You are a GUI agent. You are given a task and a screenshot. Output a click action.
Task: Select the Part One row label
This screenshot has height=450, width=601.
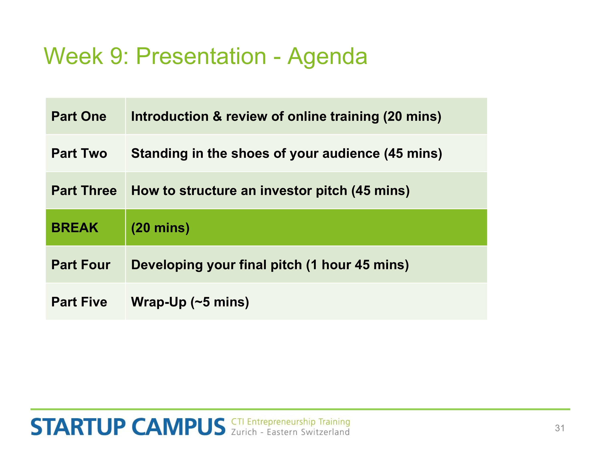coord(79,116)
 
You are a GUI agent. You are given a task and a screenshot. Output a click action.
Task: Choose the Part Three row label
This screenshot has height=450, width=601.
coord(84,190)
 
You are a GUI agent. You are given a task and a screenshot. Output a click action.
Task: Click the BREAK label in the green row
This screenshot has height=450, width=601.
coord(75,228)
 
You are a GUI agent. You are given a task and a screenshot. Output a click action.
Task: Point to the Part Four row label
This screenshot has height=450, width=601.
coord(81,265)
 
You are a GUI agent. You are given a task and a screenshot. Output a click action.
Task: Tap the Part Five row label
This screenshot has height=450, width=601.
coord(79,302)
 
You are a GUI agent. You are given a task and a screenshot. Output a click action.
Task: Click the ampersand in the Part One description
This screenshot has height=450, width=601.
coord(217,116)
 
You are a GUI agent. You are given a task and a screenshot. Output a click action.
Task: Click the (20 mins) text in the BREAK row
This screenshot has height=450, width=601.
coord(160,228)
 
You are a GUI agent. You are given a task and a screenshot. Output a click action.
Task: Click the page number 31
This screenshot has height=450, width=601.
coord(560,428)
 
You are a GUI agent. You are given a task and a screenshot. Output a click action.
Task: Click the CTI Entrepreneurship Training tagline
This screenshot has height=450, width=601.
coord(290,422)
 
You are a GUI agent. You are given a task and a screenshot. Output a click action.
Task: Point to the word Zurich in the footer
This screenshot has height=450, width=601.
coord(244,432)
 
